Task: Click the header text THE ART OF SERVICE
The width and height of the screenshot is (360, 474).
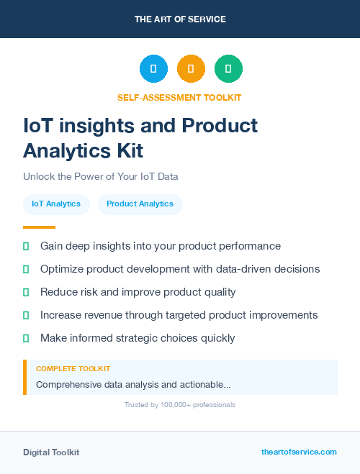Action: pyautogui.click(x=180, y=19)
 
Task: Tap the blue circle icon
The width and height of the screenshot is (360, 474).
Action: pyautogui.click(x=153, y=69)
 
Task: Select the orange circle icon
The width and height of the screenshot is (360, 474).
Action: pyautogui.click(x=191, y=69)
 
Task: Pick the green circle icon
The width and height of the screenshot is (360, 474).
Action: pyautogui.click(x=228, y=69)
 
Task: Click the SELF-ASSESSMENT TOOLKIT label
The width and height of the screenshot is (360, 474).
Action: pyautogui.click(x=179, y=97)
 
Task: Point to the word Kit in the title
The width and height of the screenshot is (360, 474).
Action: pyautogui.click(x=127, y=150)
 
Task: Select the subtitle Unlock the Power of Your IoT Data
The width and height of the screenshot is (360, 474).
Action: pyautogui.click(x=100, y=176)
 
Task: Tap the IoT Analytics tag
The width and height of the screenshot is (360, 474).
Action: pyautogui.click(x=56, y=204)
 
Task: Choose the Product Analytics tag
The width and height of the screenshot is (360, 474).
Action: pyautogui.click(x=140, y=204)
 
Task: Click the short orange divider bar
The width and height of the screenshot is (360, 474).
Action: pyautogui.click(x=39, y=227)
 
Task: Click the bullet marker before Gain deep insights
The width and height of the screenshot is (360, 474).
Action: pyautogui.click(x=26, y=246)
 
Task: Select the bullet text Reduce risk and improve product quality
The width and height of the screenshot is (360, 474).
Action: pyautogui.click(x=138, y=292)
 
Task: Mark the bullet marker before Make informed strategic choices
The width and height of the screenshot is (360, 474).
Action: pyautogui.click(x=26, y=338)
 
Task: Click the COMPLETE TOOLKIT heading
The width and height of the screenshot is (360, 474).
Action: pyautogui.click(x=73, y=369)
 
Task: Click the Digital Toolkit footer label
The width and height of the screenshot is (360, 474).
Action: pyautogui.click(x=51, y=452)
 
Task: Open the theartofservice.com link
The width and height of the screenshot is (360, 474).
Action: pyautogui.click(x=299, y=452)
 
